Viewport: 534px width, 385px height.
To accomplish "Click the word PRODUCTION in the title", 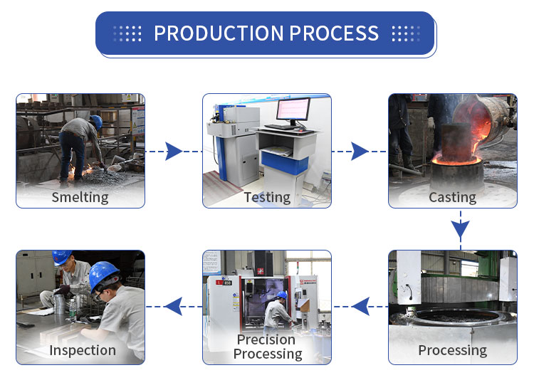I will [x=219, y=33].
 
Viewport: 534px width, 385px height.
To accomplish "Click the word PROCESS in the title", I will [x=334, y=33].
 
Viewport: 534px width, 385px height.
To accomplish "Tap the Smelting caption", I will [x=80, y=197].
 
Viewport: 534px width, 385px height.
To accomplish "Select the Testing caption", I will [x=267, y=197].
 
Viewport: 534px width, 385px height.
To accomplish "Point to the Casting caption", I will [x=452, y=197].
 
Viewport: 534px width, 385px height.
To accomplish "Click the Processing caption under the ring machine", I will [x=452, y=350].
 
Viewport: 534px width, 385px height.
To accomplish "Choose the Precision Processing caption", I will [x=268, y=347].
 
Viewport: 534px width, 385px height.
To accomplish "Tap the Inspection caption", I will [x=82, y=350].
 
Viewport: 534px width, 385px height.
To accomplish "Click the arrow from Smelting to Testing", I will [x=174, y=151].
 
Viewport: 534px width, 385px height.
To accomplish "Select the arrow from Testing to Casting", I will [x=360, y=151].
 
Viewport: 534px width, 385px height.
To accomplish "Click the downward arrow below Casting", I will [x=461, y=229].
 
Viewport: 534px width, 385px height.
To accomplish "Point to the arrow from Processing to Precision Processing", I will [x=360, y=307].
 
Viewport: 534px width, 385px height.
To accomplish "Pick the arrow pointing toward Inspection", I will [x=173, y=307].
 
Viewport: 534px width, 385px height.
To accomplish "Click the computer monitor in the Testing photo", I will [x=293, y=111].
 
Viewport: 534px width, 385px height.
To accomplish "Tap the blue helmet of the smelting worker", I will [x=96, y=122].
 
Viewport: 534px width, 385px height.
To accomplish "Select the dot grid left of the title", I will [x=127, y=33].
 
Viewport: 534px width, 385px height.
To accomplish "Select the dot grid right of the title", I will [x=406, y=33].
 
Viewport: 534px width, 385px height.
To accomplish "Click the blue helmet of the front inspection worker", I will [x=104, y=274].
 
